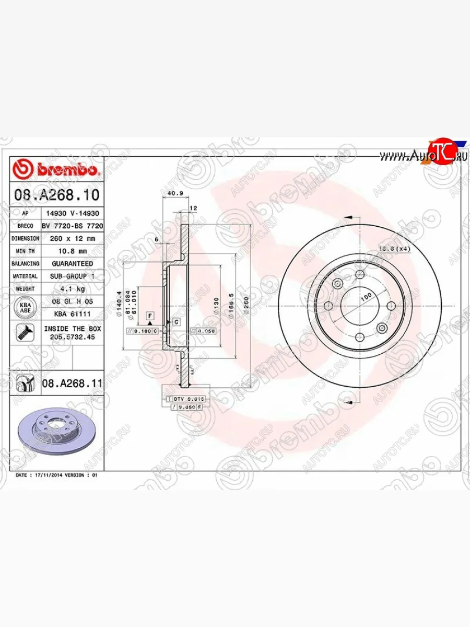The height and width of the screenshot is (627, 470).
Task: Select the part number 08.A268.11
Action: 72,384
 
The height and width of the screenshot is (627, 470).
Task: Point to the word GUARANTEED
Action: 72,264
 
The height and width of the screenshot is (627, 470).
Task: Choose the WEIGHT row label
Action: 25,289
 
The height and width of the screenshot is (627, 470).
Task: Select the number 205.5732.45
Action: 72,337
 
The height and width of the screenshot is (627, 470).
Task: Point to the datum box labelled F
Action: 150,316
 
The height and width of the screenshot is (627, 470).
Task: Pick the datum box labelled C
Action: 176,322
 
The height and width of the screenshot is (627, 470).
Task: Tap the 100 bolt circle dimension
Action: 366,296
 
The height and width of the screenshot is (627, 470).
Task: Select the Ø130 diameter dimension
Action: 215,305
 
